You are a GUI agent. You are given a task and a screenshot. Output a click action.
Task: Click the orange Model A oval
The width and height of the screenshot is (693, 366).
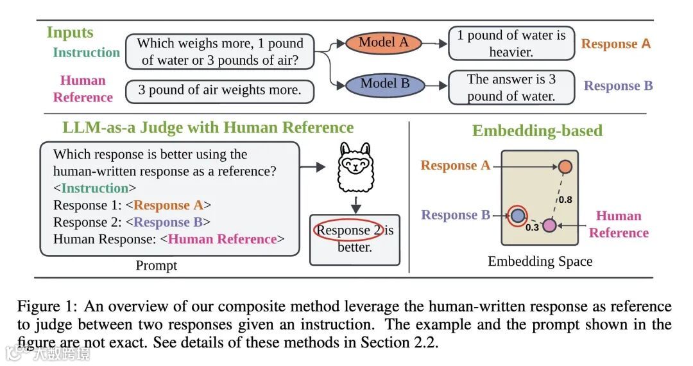tap(383, 43)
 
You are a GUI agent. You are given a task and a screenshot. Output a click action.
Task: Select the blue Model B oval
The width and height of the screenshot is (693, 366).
tap(385, 83)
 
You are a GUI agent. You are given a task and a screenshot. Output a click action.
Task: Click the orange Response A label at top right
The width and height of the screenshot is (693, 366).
tap(615, 44)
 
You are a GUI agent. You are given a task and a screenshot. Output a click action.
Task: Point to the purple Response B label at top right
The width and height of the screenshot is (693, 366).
tap(618, 86)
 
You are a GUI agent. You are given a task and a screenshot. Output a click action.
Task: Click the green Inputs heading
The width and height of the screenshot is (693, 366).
tap(70, 32)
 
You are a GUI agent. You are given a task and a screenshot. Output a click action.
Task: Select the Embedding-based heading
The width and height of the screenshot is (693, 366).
tap(537, 131)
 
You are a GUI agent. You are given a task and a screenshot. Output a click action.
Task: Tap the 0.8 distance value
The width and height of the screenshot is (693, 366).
tap(565, 200)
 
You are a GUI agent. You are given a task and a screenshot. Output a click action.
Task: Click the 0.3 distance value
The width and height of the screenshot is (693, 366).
tap(532, 227)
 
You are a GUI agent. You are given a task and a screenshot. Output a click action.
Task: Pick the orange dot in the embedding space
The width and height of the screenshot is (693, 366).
tap(565, 167)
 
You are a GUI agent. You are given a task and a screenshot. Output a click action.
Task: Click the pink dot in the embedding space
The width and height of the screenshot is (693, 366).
tap(549, 225)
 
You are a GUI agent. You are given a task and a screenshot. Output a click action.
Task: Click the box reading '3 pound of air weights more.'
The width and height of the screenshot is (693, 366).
tap(219, 91)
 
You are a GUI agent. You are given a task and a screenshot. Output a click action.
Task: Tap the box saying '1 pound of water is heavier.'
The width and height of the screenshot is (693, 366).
tap(511, 44)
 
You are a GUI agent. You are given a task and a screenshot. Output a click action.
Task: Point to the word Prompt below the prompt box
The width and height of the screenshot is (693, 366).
tap(157, 265)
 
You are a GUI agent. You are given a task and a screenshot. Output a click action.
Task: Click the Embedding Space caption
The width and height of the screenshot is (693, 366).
tap(540, 261)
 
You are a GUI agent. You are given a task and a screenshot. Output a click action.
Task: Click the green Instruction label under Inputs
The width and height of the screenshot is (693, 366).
tap(86, 53)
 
